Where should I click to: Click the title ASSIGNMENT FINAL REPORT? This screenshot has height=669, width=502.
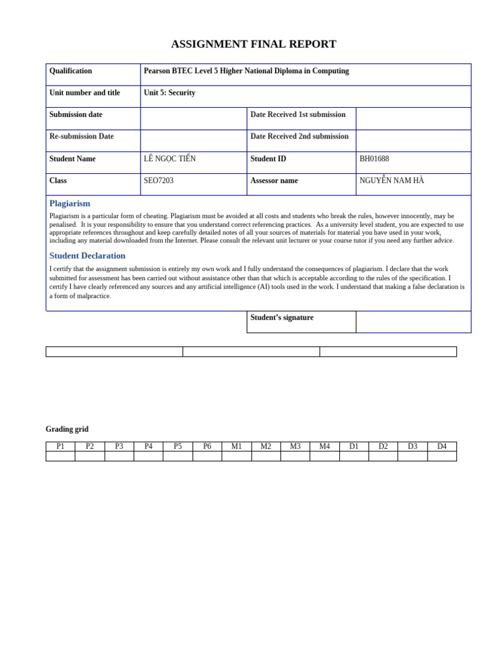click(254, 44)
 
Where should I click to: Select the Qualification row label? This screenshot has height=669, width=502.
click(71, 71)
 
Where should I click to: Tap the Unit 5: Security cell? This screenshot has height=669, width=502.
click(170, 93)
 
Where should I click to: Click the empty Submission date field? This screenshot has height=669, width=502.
click(193, 118)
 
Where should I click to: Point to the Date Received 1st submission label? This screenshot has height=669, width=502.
click(298, 115)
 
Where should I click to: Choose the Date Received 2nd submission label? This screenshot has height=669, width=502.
click(299, 137)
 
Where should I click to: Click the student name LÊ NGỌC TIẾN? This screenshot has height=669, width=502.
click(170, 159)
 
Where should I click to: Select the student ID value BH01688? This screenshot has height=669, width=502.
click(375, 159)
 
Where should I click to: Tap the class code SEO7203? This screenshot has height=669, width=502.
click(159, 181)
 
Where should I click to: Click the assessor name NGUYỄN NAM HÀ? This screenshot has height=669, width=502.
click(392, 181)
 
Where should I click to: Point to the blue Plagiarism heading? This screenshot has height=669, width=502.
click(70, 203)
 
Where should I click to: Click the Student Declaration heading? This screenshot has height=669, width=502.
click(88, 255)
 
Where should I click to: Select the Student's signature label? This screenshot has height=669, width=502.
click(282, 318)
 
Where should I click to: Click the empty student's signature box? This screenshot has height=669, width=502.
click(413, 321)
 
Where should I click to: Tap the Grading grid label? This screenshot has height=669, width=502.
click(67, 429)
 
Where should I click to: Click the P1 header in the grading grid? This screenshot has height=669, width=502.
click(60, 446)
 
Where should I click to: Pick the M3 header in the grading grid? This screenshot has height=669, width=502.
click(295, 446)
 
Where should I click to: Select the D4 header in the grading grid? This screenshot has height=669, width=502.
click(442, 446)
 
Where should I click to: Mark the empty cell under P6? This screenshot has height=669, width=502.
click(207, 456)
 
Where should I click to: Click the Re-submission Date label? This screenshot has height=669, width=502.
click(82, 137)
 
